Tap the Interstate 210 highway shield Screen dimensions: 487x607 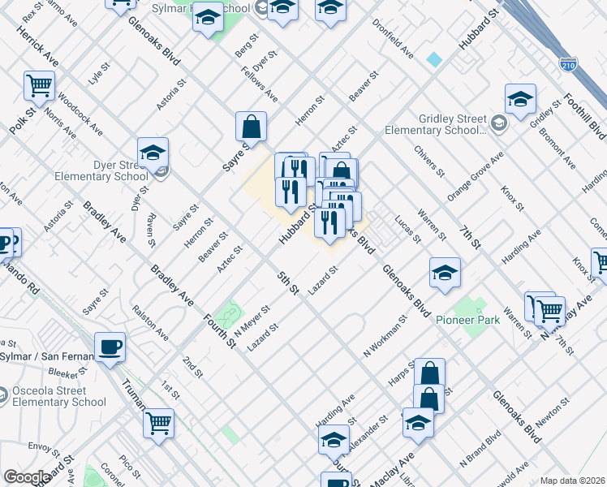(568, 62)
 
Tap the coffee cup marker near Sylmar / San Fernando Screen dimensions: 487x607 (110, 347)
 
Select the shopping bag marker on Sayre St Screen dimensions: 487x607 (252, 126)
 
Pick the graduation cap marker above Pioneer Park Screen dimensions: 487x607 (445, 273)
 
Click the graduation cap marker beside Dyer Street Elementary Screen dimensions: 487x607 (153, 152)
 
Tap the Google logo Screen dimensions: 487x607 (27, 477)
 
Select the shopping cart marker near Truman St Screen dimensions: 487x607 (158, 422)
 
